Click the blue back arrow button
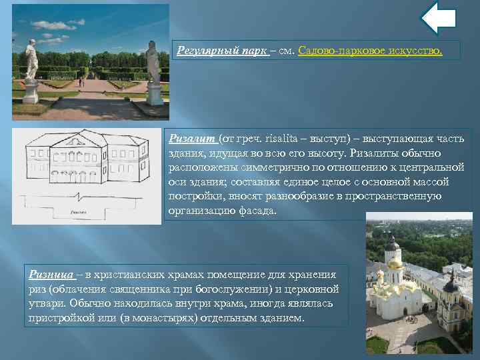[x=439, y=19]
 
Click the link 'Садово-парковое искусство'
[x=370, y=51]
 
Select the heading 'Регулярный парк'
[x=221, y=51]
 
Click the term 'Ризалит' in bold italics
[x=193, y=138]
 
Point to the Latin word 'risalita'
[x=268, y=138]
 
